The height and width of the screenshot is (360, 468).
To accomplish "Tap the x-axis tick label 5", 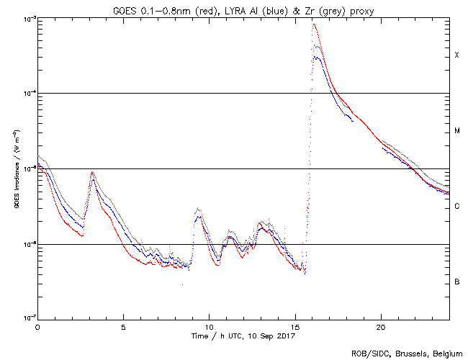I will [x=123, y=327].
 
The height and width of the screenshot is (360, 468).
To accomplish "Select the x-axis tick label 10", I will [x=209, y=327].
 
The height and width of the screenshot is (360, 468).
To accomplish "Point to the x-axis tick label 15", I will [x=294, y=327].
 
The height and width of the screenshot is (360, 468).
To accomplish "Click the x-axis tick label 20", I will [x=380, y=327].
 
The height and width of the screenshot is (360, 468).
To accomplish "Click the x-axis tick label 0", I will [x=37, y=327].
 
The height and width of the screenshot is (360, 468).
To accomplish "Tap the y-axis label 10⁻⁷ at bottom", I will [x=27, y=318].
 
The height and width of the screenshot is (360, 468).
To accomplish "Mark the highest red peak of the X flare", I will [x=314, y=24].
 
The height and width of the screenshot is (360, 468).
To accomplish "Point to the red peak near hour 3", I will [x=92, y=172].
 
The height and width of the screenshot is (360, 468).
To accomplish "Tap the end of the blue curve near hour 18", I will [x=353, y=121].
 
